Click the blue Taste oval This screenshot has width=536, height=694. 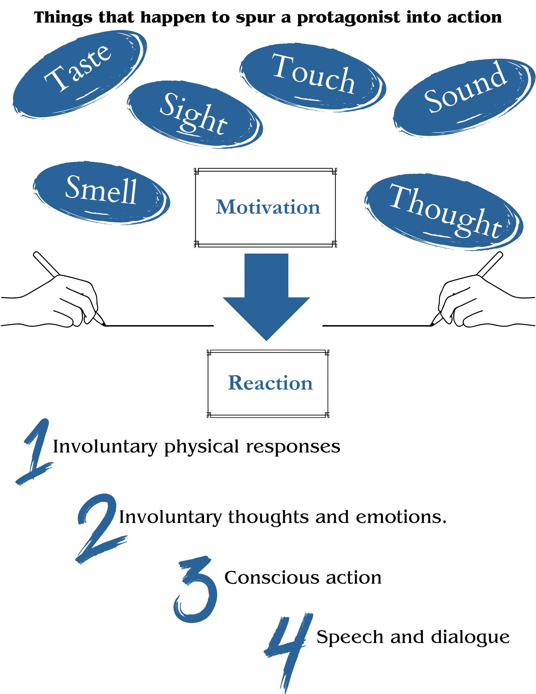[x=79, y=74]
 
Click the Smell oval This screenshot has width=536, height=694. [x=101, y=193]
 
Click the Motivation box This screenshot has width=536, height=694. [x=266, y=208]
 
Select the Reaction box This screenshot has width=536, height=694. [x=268, y=383]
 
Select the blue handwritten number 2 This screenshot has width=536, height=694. [x=99, y=527]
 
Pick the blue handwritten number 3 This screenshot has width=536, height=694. [x=196, y=590]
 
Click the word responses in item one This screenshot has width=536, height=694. [x=293, y=447]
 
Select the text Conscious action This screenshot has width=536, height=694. [x=303, y=578]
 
